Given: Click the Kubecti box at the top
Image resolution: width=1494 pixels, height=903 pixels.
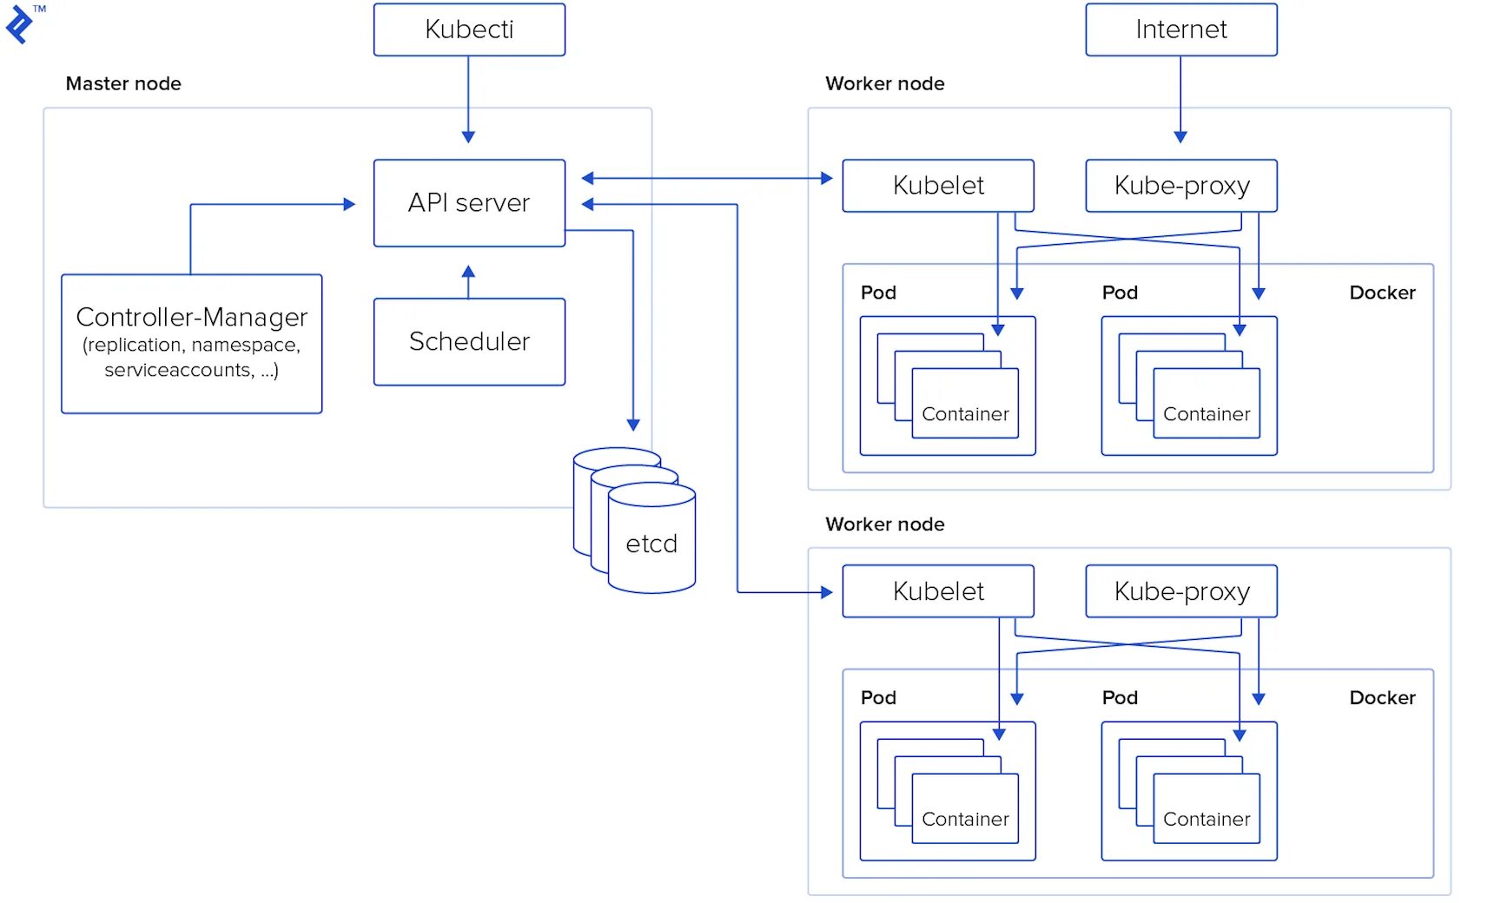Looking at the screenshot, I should (469, 30).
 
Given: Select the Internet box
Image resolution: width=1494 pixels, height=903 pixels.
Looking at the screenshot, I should (1180, 30).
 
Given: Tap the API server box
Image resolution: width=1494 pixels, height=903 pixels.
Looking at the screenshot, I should (469, 202).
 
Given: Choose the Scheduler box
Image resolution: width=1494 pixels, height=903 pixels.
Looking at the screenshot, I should (469, 341).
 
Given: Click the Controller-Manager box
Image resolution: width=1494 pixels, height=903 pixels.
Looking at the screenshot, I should (191, 343).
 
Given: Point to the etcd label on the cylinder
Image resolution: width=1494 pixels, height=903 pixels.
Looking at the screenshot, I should (651, 544).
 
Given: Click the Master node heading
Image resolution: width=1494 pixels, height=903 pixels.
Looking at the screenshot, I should (123, 83).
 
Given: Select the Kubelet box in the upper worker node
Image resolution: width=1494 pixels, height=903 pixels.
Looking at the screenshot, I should (938, 185).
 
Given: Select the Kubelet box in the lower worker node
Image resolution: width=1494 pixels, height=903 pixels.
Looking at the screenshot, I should (938, 591).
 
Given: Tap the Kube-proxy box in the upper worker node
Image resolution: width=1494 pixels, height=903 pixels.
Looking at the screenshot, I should (1181, 185).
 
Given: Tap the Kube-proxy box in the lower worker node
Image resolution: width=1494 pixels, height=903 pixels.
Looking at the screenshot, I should (1181, 591).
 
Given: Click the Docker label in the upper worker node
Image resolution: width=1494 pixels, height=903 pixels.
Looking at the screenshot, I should (1382, 293).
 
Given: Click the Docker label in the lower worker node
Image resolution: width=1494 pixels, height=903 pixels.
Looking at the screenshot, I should (1382, 698).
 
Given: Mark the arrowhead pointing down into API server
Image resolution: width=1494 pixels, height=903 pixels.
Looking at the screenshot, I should (468, 136).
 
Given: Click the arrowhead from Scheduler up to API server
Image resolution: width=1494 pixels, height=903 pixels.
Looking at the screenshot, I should (468, 271).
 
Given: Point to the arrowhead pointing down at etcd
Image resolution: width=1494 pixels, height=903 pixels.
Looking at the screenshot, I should (633, 425).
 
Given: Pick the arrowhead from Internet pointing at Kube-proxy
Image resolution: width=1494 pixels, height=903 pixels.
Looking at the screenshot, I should (1180, 136).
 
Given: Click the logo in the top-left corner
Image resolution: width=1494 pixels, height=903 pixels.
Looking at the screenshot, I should (19, 23).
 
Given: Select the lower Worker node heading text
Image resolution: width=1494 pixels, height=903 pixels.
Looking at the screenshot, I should (884, 524).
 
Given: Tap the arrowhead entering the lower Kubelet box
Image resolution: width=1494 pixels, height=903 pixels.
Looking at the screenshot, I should (826, 592).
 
